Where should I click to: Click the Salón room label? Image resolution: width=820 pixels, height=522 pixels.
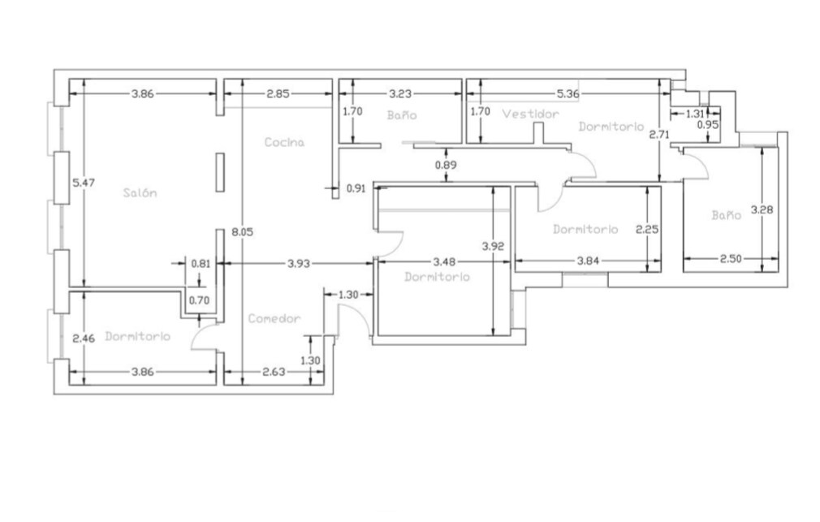140,193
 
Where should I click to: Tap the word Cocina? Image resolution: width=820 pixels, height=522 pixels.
284,142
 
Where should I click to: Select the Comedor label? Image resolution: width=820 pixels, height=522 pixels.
274,318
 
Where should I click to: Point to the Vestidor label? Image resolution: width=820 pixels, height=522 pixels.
530,114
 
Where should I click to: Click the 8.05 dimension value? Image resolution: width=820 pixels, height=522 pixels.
242,231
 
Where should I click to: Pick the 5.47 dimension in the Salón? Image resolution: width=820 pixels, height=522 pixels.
84,183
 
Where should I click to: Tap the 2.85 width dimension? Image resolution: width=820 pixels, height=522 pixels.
278,94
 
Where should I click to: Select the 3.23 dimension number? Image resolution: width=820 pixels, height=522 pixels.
400,94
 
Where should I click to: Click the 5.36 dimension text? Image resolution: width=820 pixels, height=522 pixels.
568,94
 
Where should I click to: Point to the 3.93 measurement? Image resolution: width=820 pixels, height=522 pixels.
299,264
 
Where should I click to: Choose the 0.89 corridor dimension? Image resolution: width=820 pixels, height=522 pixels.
446,166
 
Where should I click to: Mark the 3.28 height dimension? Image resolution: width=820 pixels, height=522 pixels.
762,209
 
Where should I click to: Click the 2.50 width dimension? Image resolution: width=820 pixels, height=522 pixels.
731,258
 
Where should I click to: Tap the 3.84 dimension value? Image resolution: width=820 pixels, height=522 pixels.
588,261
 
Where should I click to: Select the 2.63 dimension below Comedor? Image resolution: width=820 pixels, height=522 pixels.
274,372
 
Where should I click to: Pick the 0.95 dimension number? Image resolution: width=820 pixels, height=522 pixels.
708,125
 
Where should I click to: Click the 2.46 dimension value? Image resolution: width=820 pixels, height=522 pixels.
84,339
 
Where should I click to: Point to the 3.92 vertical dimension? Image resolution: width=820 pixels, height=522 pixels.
493,246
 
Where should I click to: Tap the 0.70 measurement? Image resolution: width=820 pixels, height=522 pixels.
199,300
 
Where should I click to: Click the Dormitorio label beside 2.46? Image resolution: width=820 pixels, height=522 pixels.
137,336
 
